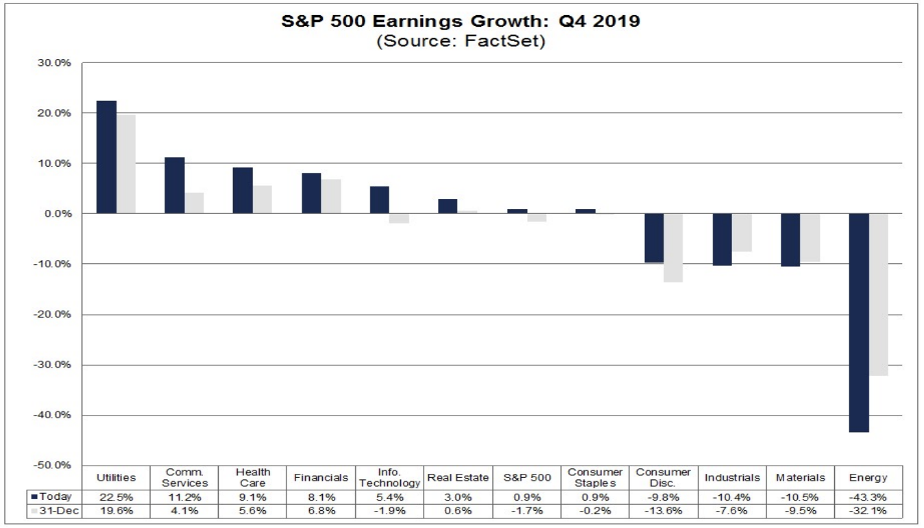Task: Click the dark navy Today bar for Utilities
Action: [106, 157]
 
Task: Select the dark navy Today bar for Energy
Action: [859, 322]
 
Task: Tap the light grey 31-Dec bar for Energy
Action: [878, 294]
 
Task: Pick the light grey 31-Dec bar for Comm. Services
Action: [194, 203]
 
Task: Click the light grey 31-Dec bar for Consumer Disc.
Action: [673, 248]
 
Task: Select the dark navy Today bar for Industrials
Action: [722, 239]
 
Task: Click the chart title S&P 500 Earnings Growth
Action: [461, 21]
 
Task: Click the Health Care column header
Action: [253, 477]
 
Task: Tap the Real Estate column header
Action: [458, 477]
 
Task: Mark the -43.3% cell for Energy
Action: [868, 496]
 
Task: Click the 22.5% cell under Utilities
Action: [116, 496]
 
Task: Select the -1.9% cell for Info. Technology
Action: [389, 511]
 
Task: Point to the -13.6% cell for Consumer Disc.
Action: [663, 511]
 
